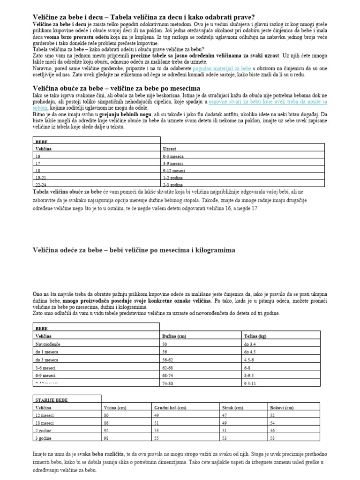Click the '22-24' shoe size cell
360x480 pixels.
point(41,185)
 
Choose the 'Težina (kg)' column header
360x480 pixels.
point(256,336)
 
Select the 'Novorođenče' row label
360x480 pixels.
point(48,344)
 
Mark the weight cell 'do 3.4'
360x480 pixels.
point(251,344)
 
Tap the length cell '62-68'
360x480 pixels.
point(167,367)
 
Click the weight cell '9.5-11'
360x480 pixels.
point(251,383)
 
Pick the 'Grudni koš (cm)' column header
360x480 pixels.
point(171,408)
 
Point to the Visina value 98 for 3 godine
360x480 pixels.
point(106,438)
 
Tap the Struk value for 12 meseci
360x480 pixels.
point(224,415)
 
